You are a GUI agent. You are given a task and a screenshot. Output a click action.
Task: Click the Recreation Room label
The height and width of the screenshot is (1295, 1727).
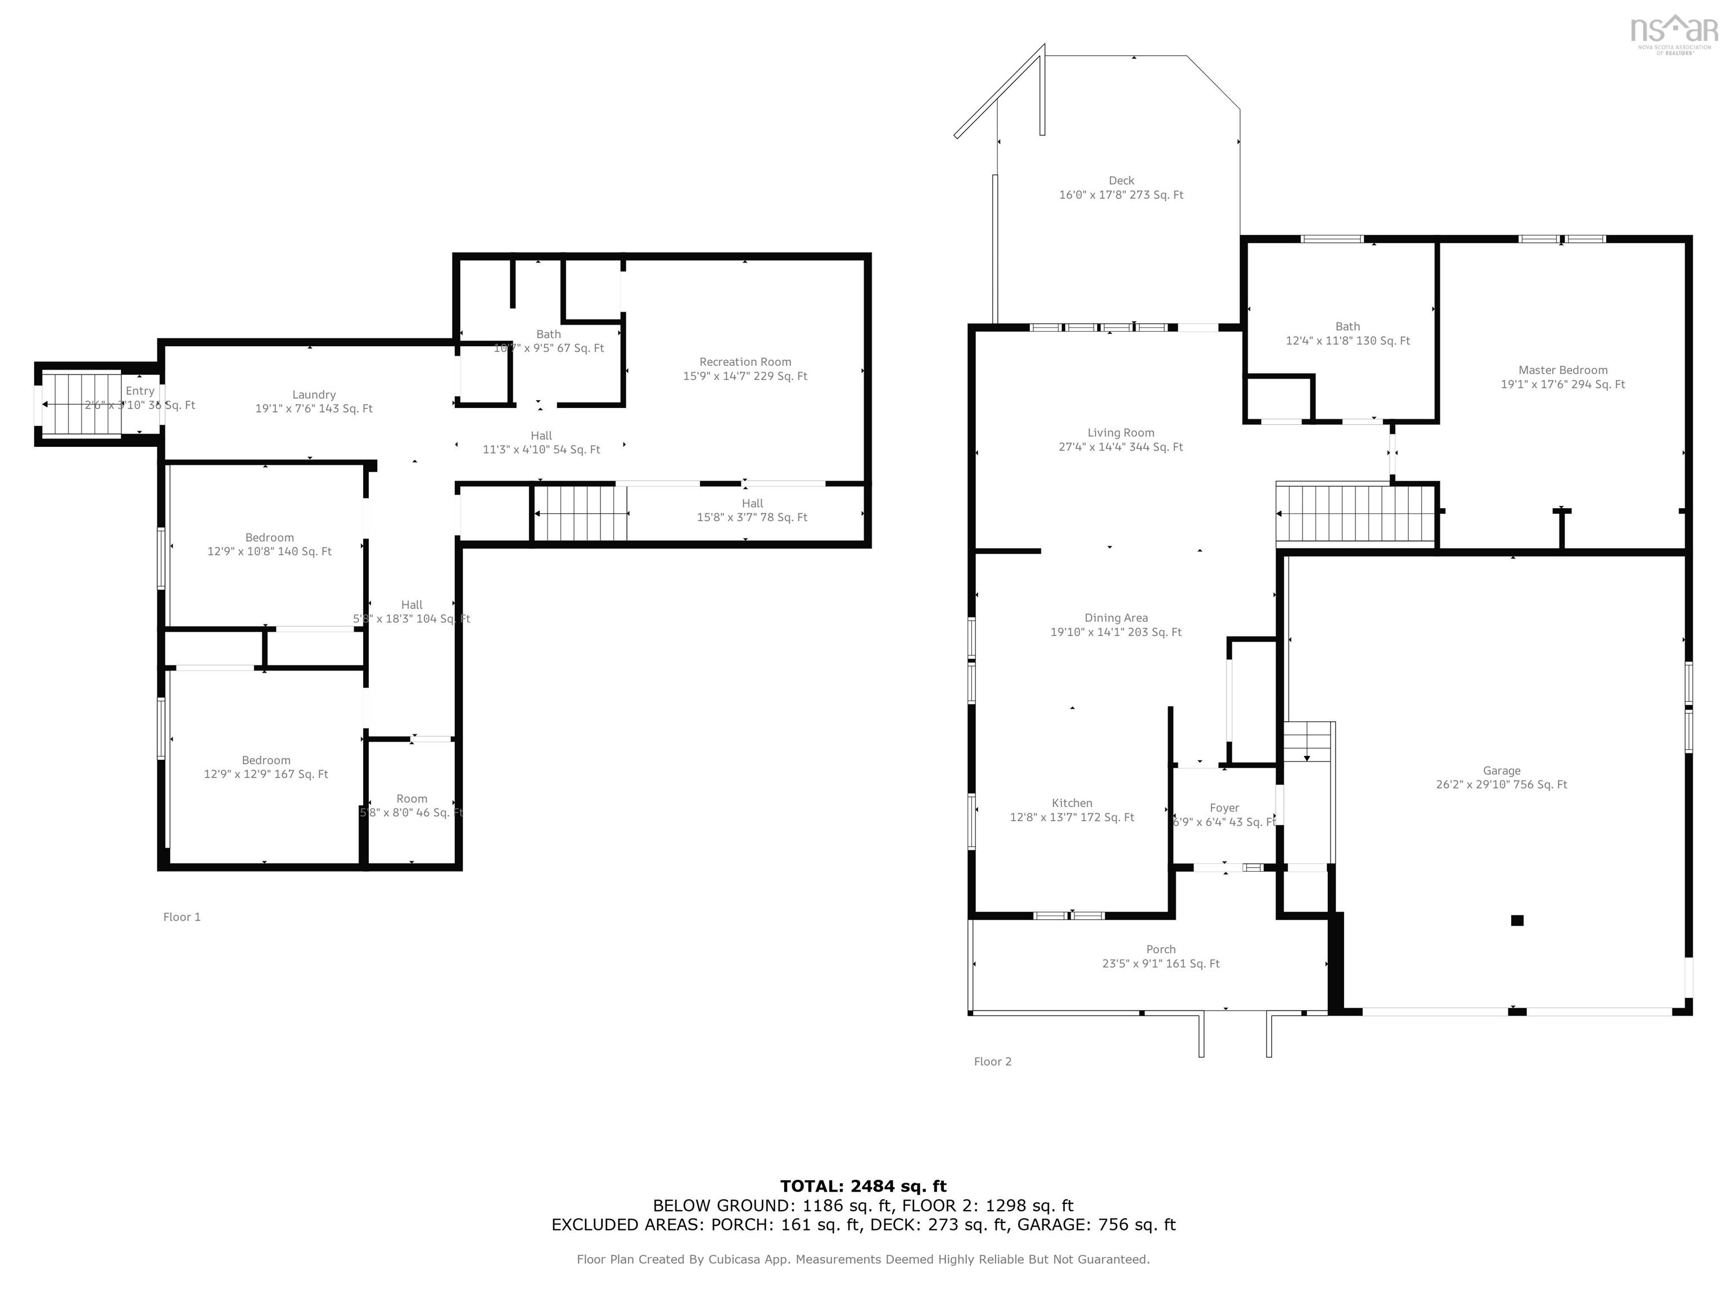745,362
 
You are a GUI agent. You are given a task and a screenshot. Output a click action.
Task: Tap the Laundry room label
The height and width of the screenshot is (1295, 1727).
314,395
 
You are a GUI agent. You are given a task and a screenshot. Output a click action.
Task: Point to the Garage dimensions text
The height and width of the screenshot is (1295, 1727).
1500,785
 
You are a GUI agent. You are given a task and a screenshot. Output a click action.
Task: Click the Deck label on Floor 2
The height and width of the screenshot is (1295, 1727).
1120,180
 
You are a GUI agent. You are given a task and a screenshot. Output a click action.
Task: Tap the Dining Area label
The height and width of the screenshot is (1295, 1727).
1116,618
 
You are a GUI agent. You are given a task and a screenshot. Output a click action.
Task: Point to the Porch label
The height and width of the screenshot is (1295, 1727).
1160,950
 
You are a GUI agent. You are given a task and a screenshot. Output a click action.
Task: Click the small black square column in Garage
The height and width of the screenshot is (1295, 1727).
1516,920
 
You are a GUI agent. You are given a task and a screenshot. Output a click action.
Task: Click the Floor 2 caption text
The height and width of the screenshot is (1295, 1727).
992,1062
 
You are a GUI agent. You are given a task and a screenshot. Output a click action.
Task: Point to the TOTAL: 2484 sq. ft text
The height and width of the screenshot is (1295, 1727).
863,1187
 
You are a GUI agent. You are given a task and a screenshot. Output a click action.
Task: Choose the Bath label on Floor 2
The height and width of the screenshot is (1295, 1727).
1347,327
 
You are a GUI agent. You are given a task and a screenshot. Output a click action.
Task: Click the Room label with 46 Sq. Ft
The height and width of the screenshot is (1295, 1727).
412,799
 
